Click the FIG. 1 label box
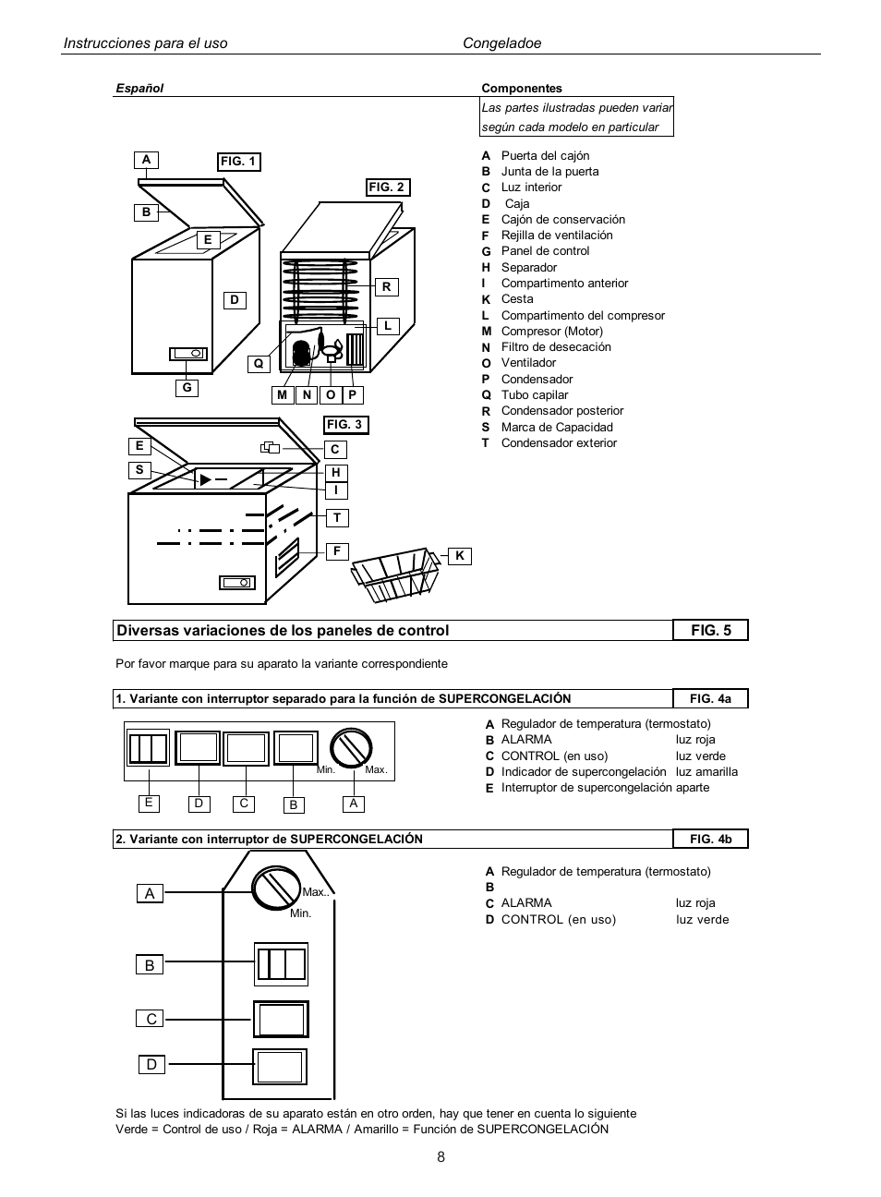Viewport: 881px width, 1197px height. click(x=238, y=162)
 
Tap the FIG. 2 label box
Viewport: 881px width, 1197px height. click(x=387, y=187)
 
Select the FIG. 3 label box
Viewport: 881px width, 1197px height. click(x=344, y=425)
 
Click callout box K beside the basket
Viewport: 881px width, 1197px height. click(x=459, y=556)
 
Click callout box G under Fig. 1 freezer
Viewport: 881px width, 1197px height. click(x=187, y=388)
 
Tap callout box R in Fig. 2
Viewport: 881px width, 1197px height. click(x=386, y=287)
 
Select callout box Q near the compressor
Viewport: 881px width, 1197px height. click(x=259, y=364)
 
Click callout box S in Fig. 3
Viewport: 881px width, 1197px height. click(x=139, y=470)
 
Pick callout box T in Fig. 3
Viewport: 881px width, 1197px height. click(x=337, y=518)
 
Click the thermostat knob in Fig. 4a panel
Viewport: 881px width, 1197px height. click(x=351, y=747)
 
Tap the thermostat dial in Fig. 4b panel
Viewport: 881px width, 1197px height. click(x=276, y=889)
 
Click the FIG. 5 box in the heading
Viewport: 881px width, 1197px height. click(x=710, y=630)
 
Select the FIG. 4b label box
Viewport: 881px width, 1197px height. click(x=710, y=839)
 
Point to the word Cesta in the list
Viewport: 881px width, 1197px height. click(x=517, y=299)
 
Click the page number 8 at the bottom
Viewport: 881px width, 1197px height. click(x=440, y=1157)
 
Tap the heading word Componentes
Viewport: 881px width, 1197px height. click(x=521, y=89)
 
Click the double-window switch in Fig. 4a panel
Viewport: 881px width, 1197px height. click(x=148, y=748)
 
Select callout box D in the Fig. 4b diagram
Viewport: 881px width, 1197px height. click(x=151, y=1065)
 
